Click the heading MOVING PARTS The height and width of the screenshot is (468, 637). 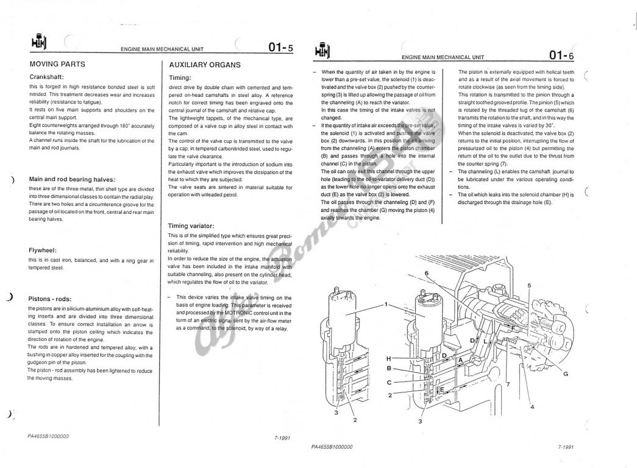point(57,64)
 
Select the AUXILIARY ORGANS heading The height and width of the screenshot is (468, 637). point(205,65)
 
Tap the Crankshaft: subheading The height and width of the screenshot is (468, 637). point(46,77)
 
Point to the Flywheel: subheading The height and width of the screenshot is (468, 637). point(42,250)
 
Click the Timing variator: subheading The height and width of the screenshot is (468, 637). point(191,226)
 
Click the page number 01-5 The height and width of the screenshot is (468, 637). point(280,48)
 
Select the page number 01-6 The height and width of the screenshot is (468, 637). point(561,55)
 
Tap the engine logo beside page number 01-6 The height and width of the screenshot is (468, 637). point(323,50)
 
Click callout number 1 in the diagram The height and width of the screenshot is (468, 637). point(386,304)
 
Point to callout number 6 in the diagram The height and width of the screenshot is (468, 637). point(427,273)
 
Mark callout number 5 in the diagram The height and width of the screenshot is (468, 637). point(529,286)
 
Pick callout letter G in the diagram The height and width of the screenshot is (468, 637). point(566,374)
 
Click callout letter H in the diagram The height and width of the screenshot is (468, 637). point(389,359)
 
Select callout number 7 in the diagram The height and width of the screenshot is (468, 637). point(508,384)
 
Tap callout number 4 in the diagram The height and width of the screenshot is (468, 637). point(532,406)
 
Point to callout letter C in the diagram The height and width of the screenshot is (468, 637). point(389,382)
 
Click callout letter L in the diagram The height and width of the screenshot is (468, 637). point(485,341)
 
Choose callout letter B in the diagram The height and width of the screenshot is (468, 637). point(389,369)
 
